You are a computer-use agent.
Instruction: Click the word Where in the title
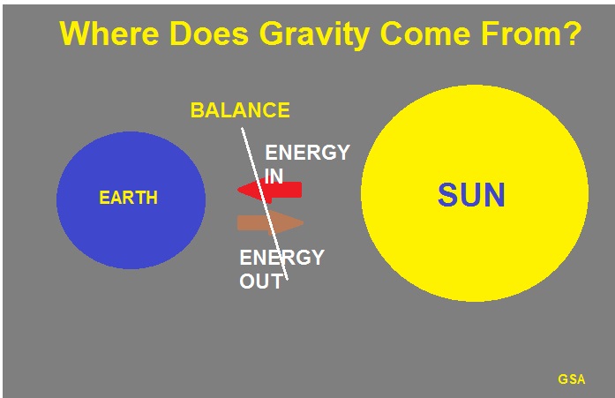point(109,34)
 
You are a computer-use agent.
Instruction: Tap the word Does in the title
point(209,34)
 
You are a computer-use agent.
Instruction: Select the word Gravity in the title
point(315,35)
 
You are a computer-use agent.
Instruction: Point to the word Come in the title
point(425,34)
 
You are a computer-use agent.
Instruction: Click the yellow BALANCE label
point(240,110)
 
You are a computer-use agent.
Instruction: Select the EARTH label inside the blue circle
point(128,198)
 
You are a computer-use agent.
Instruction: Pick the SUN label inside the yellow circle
point(471,195)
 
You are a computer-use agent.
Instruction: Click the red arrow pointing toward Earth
point(269,191)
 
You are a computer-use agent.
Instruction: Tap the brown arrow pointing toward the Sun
point(270,223)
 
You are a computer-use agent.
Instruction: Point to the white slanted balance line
point(265,204)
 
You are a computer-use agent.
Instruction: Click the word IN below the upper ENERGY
point(274,176)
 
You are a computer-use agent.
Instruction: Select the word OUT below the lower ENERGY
point(261,282)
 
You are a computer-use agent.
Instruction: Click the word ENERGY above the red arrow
point(307,152)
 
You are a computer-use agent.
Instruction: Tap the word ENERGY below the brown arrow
point(282,258)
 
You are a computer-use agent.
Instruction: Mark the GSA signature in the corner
point(572,379)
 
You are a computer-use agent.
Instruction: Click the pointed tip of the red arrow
point(237,191)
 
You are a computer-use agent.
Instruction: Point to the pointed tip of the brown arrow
point(304,223)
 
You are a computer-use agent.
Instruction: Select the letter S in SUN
point(448,195)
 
